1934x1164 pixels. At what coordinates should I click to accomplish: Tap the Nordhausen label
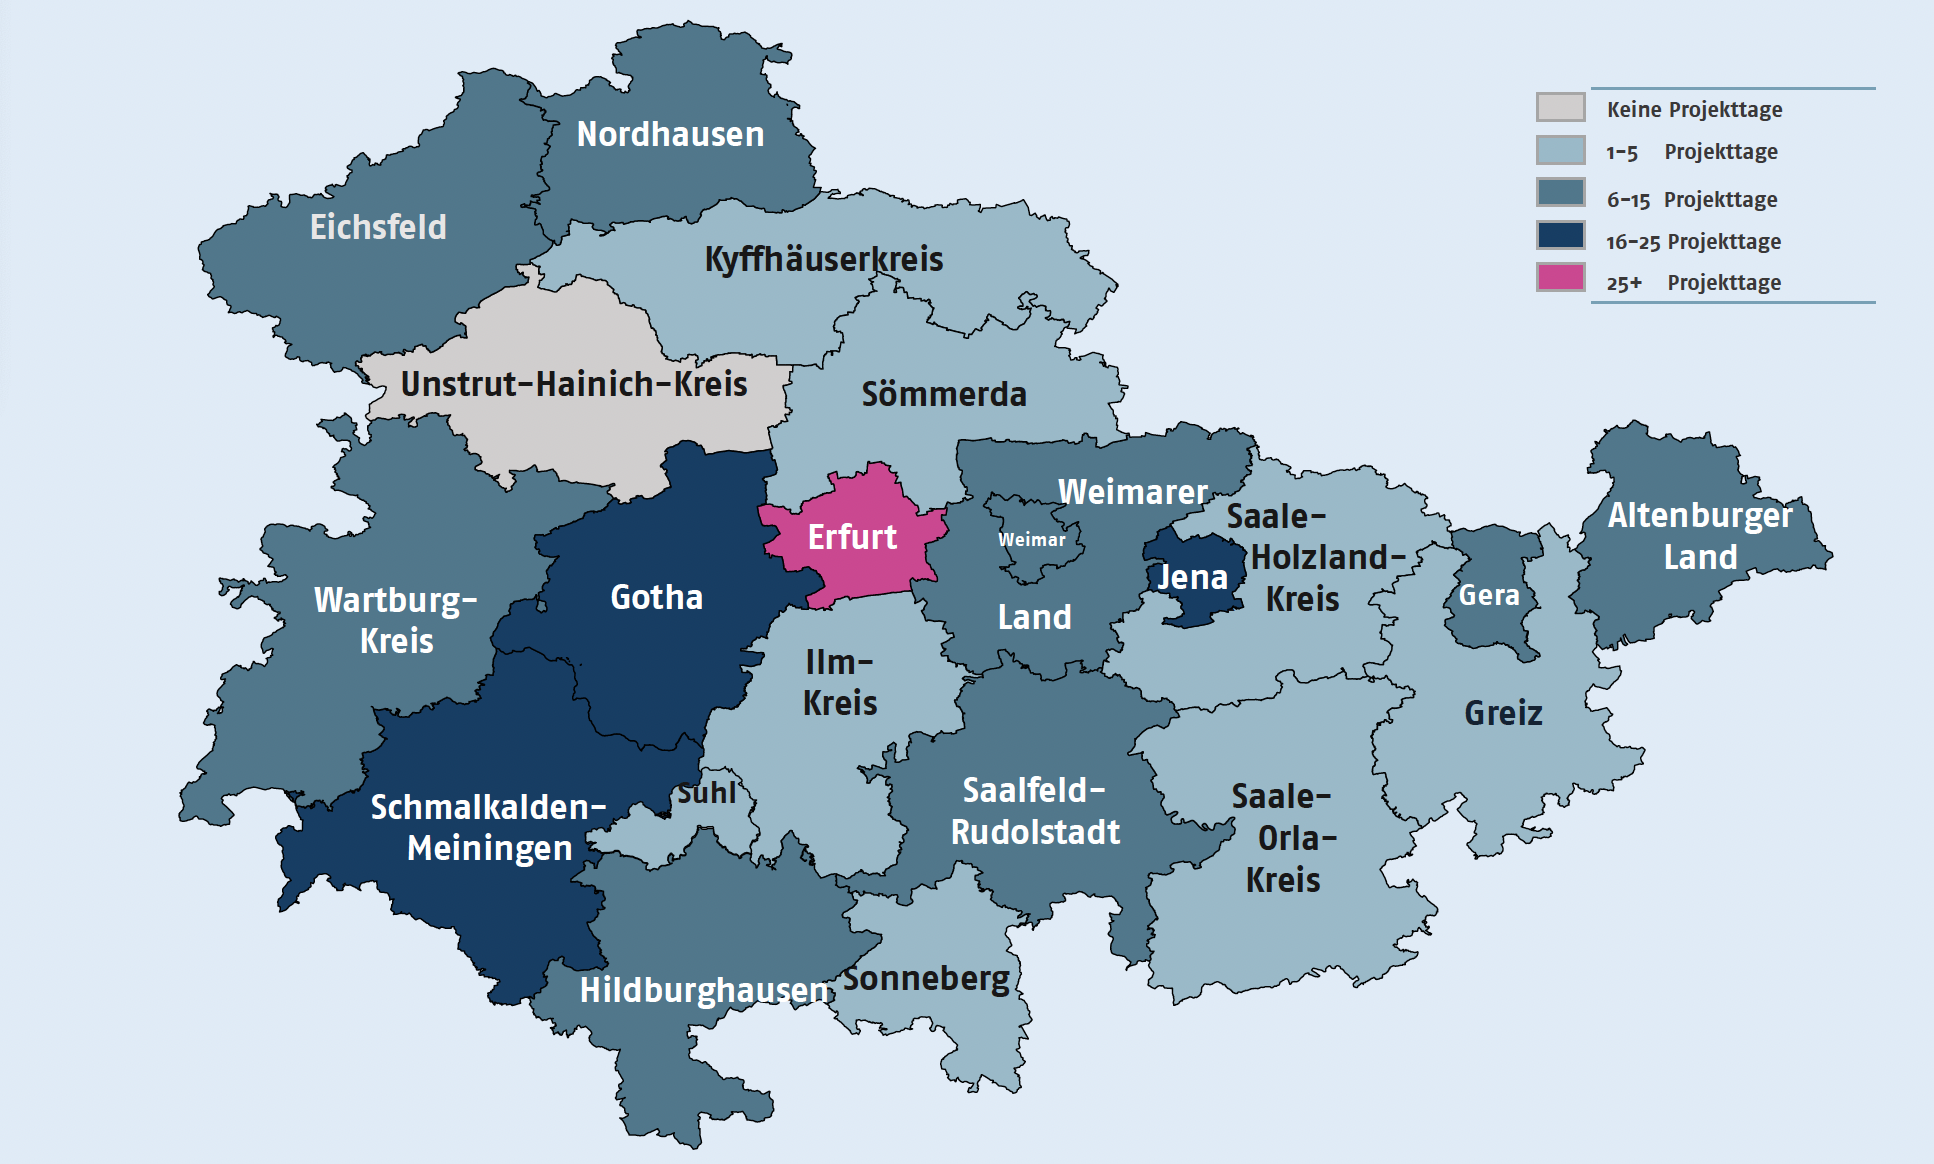point(670,134)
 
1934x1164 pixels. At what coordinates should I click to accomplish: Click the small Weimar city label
point(1031,540)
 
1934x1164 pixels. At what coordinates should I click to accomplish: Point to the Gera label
point(1488,596)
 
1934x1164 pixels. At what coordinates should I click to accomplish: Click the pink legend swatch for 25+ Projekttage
point(1560,278)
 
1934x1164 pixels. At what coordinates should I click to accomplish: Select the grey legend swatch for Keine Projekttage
point(1560,107)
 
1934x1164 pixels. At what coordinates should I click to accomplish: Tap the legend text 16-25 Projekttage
point(1693,242)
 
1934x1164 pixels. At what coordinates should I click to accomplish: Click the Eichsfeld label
point(378,227)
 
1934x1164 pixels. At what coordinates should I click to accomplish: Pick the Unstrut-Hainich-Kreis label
point(573,384)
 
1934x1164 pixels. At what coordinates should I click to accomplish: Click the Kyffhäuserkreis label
point(823,260)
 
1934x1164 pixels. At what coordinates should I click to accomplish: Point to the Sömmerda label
point(943,395)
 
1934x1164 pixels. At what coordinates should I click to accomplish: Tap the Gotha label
point(656,597)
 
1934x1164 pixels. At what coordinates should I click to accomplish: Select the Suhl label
point(706,794)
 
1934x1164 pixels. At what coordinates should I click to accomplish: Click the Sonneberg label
point(926,978)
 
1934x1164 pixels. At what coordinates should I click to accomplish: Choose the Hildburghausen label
point(704,990)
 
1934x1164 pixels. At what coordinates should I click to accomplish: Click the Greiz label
point(1503,713)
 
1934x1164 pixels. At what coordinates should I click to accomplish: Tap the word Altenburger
point(1700,516)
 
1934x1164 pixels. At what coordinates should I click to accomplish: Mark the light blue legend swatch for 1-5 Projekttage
point(1560,150)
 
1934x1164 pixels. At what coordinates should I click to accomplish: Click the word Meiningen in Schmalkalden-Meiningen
point(489,849)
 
